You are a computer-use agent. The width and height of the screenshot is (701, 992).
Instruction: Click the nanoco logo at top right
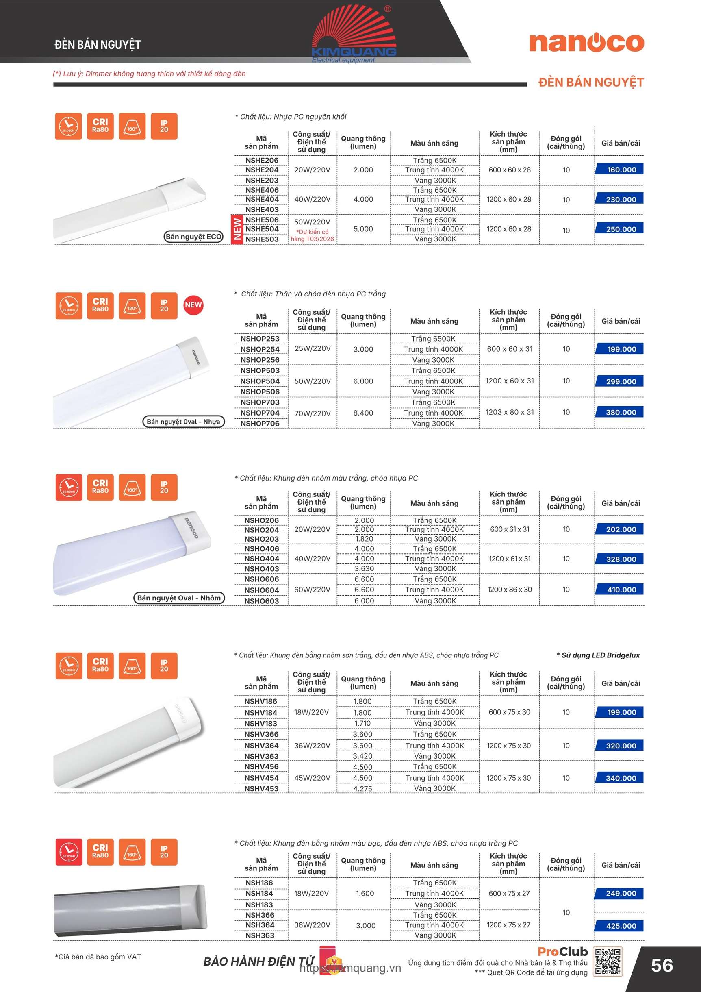click(586, 42)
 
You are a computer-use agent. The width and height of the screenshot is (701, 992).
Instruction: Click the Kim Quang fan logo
click(354, 33)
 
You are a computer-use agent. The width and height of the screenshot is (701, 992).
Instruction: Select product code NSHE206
click(262, 160)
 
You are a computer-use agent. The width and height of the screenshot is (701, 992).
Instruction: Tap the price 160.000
click(621, 170)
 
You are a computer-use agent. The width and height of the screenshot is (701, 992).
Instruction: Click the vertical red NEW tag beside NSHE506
click(237, 229)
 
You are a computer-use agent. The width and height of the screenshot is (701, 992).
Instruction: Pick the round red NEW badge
click(193, 305)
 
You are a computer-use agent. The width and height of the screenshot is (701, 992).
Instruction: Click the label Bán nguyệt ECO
click(193, 237)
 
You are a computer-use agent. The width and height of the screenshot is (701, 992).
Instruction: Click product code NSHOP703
click(260, 402)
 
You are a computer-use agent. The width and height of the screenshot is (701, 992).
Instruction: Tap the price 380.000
click(621, 412)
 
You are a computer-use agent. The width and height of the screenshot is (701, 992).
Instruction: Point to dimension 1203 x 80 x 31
click(510, 412)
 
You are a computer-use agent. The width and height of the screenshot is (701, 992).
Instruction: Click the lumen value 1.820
click(364, 539)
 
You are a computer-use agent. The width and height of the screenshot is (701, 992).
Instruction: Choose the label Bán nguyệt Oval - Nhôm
click(179, 598)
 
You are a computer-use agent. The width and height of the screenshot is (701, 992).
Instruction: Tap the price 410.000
click(621, 590)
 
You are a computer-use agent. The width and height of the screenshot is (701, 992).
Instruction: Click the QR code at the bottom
click(608, 962)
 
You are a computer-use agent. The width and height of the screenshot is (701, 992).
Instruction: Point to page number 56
click(662, 965)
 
